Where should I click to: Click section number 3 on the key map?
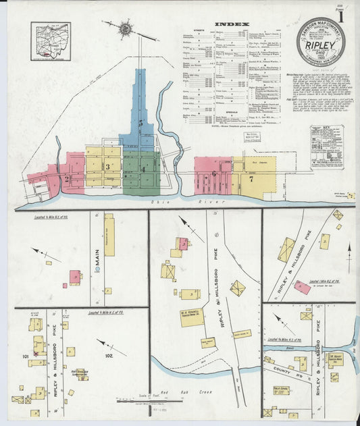pos(107,166)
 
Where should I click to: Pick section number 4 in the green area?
pos(143,168)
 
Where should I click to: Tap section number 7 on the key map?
pos(250,179)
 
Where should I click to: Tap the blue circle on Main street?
pos(97,269)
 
